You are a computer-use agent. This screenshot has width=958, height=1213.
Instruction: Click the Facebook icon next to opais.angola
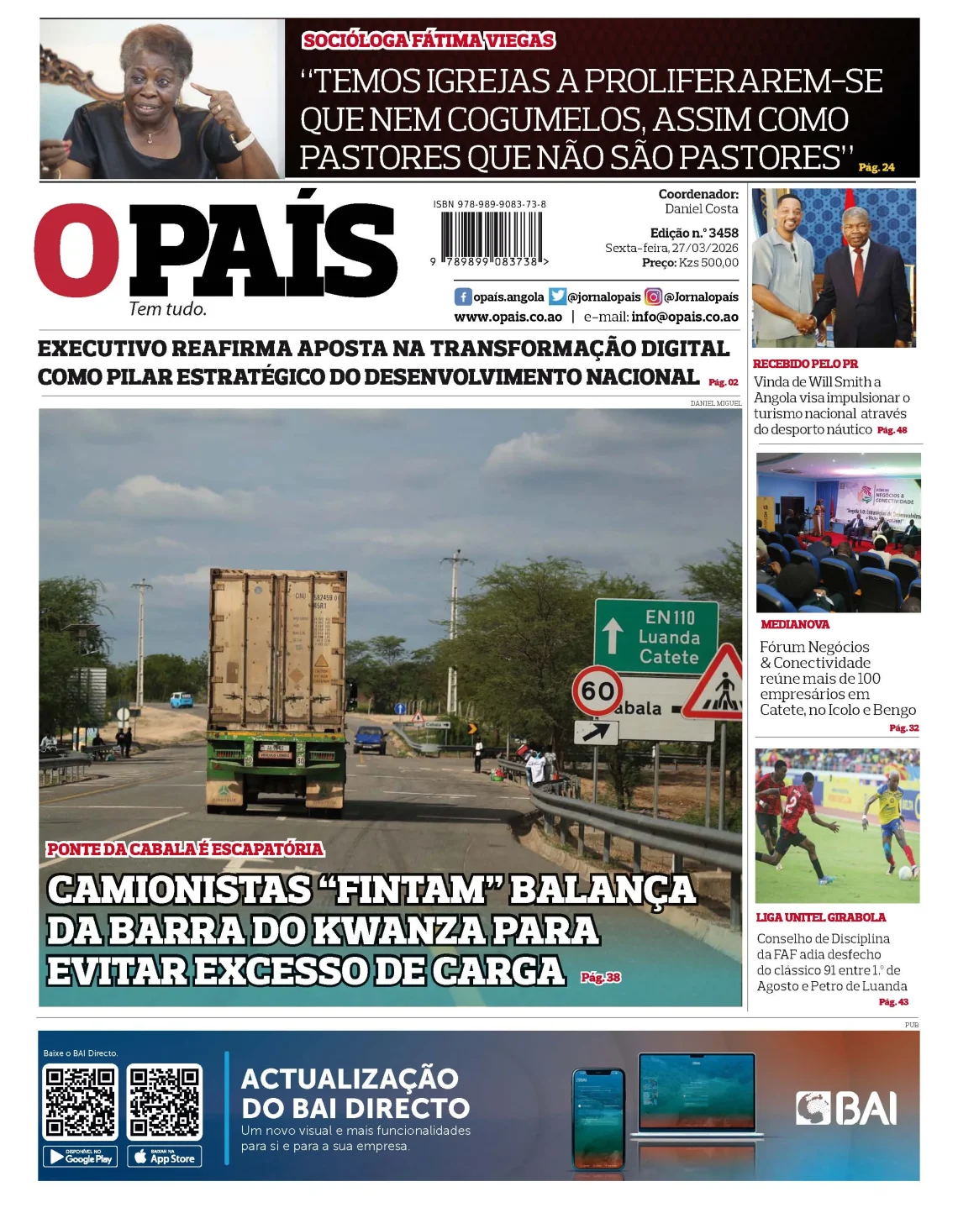click(x=463, y=297)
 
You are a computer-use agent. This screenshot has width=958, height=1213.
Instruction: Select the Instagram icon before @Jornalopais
click(x=653, y=297)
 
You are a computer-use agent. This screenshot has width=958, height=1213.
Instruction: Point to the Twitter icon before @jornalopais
click(x=557, y=297)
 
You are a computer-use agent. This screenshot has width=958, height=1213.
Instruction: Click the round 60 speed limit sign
click(x=597, y=691)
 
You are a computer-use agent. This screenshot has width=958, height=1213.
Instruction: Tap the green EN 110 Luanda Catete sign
click(x=656, y=636)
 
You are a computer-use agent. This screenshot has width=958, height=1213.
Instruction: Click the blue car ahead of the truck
click(x=370, y=738)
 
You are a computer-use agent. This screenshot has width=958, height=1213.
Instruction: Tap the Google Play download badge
click(x=80, y=1157)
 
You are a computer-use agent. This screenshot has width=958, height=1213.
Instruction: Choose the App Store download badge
click(x=165, y=1157)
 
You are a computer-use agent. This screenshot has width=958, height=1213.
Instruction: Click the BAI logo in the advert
click(x=846, y=1108)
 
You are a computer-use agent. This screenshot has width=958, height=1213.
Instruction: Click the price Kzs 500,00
click(x=708, y=263)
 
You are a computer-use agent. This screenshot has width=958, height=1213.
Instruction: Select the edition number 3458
click(x=724, y=233)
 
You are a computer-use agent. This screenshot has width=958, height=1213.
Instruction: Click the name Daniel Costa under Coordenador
click(x=701, y=208)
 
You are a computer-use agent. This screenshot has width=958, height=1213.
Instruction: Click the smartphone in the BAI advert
click(x=598, y=1118)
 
